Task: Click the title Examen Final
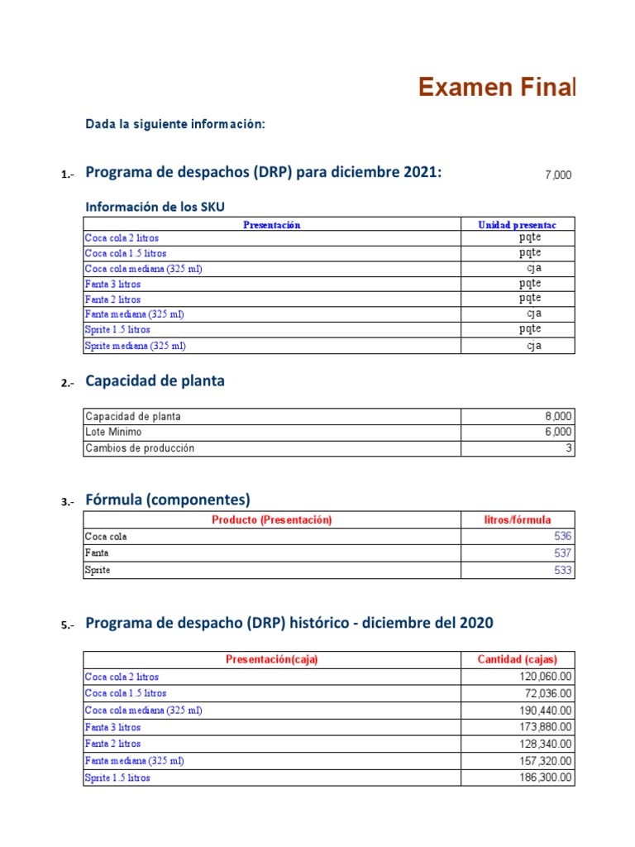pyautogui.click(x=496, y=87)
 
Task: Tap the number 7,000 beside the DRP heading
pyautogui.click(x=557, y=175)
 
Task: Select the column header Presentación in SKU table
pyautogui.click(x=271, y=224)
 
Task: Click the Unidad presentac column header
pyautogui.click(x=517, y=224)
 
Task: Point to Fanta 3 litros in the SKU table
pyautogui.click(x=113, y=284)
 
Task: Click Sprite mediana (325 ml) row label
pyautogui.click(x=130, y=346)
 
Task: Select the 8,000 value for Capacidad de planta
pyautogui.click(x=556, y=416)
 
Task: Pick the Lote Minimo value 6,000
pyautogui.click(x=556, y=432)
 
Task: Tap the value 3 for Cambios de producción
pyautogui.click(x=568, y=447)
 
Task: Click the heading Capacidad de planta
pyautogui.click(x=155, y=381)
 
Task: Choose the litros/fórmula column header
pyautogui.click(x=517, y=519)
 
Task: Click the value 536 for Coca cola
pyautogui.click(x=562, y=536)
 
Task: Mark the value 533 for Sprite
pyautogui.click(x=562, y=570)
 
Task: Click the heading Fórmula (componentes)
pyautogui.click(x=168, y=500)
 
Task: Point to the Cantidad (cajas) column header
pyautogui.click(x=517, y=659)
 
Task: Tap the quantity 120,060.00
pyautogui.click(x=542, y=677)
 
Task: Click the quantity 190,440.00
pyautogui.click(x=542, y=711)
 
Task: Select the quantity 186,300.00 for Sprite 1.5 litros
pyautogui.click(x=542, y=778)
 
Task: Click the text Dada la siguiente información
pyautogui.click(x=175, y=124)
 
